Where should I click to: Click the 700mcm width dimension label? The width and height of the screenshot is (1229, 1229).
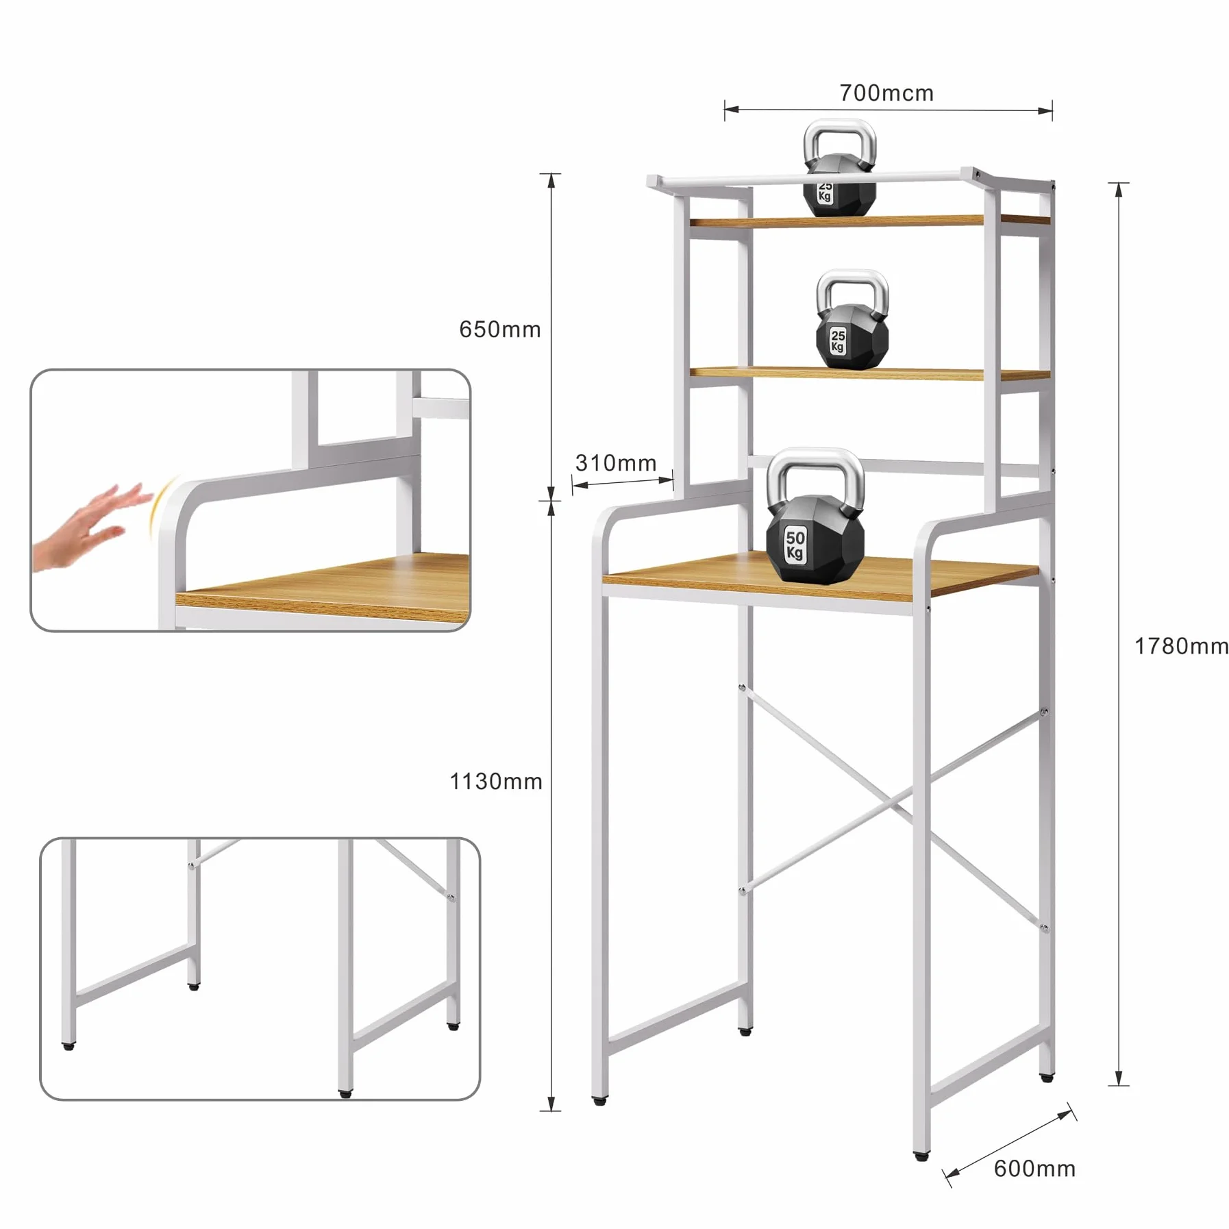pyautogui.click(x=886, y=93)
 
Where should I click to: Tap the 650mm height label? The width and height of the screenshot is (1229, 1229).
pyautogui.click(x=500, y=330)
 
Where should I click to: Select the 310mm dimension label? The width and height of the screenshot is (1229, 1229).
pyautogui.click(x=616, y=463)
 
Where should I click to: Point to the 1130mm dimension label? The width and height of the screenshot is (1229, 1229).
pyautogui.click(x=496, y=781)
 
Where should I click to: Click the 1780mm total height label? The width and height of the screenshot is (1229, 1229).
pyautogui.click(x=1182, y=646)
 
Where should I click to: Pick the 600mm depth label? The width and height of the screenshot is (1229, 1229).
pyautogui.click(x=1034, y=1168)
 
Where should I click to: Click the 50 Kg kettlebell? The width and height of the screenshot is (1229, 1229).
pyautogui.click(x=815, y=517)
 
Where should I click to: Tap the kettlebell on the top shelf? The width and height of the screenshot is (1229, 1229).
pyautogui.click(x=839, y=168)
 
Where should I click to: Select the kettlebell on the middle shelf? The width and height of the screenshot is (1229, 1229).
pyautogui.click(x=852, y=320)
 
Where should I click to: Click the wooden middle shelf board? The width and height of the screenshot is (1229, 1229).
pyautogui.click(x=870, y=374)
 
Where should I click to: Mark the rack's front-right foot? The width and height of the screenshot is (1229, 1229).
pyautogui.click(x=922, y=1156)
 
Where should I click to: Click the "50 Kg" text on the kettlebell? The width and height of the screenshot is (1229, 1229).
pyautogui.click(x=795, y=545)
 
